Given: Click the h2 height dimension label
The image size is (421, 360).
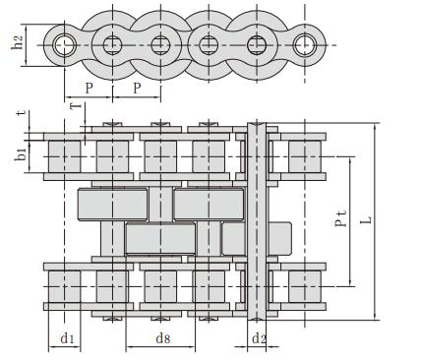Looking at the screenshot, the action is pyautogui.click(x=17, y=42).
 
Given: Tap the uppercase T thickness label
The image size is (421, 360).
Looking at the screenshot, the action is pyautogui.click(x=76, y=105).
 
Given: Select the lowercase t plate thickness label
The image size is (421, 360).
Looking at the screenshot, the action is pyautogui.click(x=22, y=113).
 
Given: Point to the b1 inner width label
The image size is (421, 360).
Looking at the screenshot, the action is pyautogui.click(x=21, y=154).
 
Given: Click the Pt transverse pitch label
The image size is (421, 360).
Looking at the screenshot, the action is pyautogui.click(x=341, y=218).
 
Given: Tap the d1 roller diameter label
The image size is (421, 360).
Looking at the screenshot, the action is pyautogui.click(x=67, y=338).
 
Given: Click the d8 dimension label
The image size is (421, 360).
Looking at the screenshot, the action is pyautogui.click(x=163, y=338).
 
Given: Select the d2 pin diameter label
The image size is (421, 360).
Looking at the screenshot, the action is pyautogui.click(x=259, y=338).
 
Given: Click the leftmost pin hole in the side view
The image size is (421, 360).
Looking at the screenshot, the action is pyautogui.click(x=65, y=45).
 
